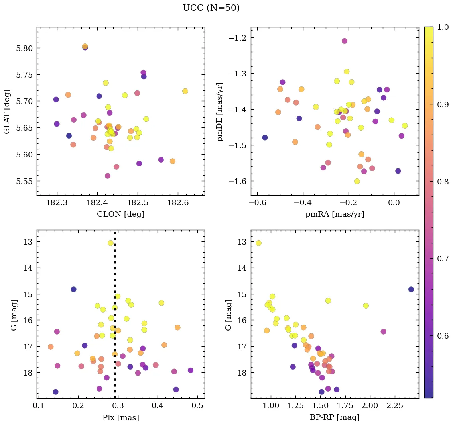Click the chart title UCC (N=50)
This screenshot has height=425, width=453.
(x=211, y=8)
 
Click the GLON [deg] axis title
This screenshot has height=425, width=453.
(x=120, y=214)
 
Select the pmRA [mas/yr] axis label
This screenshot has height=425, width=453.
(x=335, y=214)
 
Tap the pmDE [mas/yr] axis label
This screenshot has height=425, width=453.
(x=220, y=112)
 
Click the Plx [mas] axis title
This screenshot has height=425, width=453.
(x=120, y=418)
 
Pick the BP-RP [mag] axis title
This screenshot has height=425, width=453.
(x=335, y=418)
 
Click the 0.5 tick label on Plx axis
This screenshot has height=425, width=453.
(x=197, y=406)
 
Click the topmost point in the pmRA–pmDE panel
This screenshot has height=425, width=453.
(x=344, y=41)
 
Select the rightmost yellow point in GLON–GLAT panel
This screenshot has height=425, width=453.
(x=185, y=91)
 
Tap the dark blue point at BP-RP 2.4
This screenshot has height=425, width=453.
(x=411, y=289)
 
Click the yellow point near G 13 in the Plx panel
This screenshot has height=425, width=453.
(x=110, y=243)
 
